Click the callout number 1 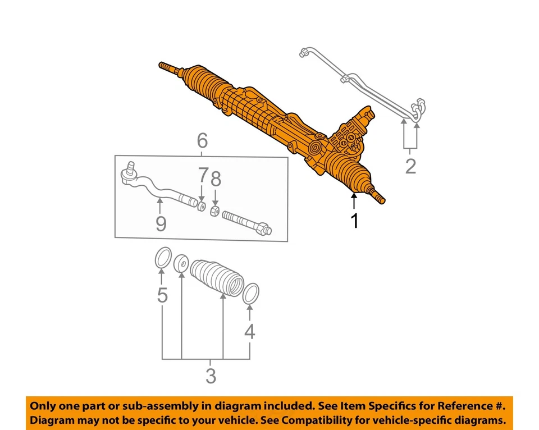pos(354,222)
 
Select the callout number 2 pos(410,166)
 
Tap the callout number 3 pos(211,376)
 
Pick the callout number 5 pos(162,295)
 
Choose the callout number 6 pos(202,141)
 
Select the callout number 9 pos(161,224)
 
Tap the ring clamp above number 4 pos(251,294)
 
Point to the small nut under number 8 pos(214,211)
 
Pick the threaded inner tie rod pos(246,223)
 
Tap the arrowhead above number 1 pos(354,195)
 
